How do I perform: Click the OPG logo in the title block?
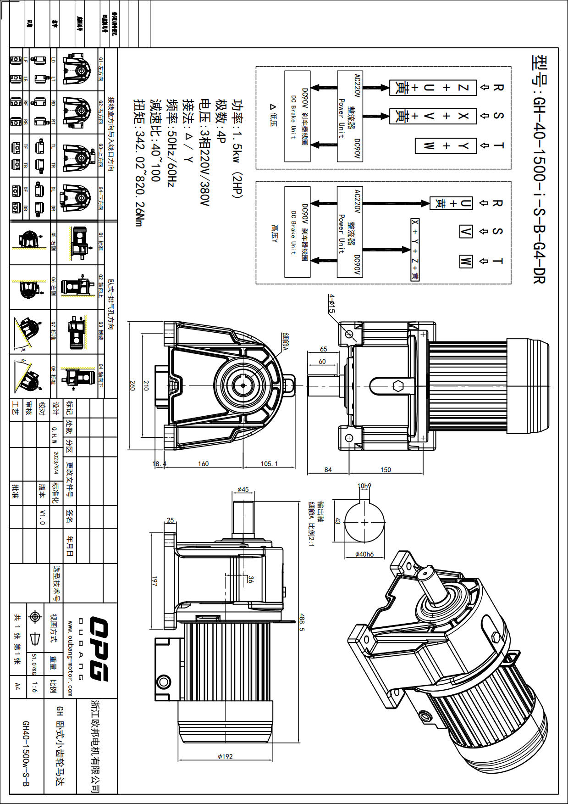97,649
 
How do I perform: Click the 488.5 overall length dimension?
301,623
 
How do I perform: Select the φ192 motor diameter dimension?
225,756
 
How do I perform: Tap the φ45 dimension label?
243,490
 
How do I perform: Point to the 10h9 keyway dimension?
364,486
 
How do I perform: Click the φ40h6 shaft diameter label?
364,554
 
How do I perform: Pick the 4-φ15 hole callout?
331,304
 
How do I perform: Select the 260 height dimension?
132,385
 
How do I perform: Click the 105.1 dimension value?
269,463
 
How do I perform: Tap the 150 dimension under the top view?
386,469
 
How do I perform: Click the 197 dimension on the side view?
154,581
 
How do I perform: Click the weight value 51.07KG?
33,664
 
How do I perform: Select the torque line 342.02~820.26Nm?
138,163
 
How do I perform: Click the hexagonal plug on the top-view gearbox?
397,386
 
